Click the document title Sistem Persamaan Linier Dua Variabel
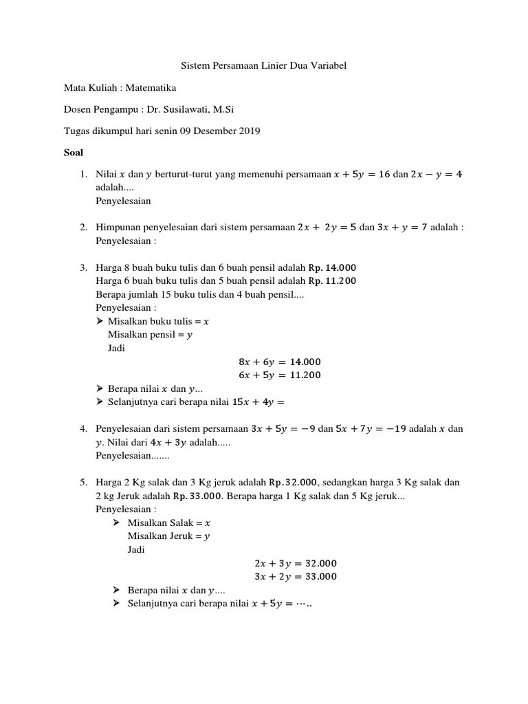click(264, 66)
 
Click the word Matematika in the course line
click(149, 87)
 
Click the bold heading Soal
click(73, 152)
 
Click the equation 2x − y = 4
click(436, 175)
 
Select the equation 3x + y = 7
click(402, 228)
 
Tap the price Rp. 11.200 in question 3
click(332, 280)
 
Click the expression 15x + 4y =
click(258, 402)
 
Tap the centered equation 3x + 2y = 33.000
click(296, 577)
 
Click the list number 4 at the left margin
click(82, 429)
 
